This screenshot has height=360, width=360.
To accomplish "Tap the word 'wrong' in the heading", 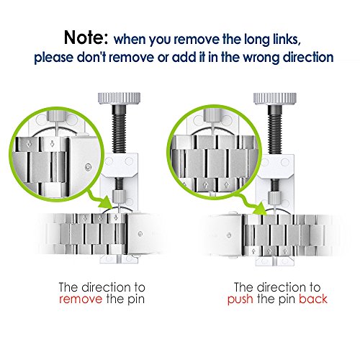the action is pos(261,58).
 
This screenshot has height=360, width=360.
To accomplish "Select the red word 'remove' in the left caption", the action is pos(81,300).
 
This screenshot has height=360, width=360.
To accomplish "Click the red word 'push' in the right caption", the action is pos(240,300).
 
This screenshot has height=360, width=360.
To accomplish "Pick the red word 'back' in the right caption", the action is pos(313,299).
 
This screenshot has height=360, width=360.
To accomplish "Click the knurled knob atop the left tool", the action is pos(119,98).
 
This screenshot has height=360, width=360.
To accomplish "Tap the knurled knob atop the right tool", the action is pos(275,99).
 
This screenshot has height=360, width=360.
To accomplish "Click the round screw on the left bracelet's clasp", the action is pos(140,233).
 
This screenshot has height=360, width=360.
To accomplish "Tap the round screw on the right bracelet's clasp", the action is pos(229,235).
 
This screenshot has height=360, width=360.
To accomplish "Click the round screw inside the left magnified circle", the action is pos(89,166).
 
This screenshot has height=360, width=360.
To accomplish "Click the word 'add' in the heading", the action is pos(183,58).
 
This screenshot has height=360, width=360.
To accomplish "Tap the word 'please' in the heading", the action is pos(53,58).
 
